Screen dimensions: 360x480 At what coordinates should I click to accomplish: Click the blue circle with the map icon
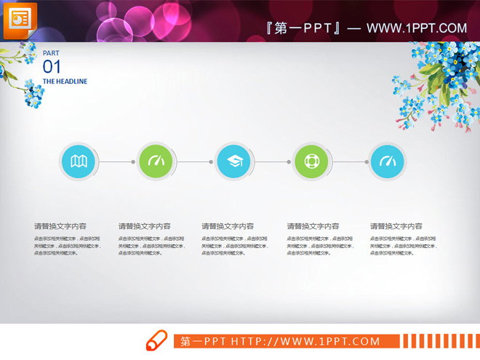(x=79, y=161)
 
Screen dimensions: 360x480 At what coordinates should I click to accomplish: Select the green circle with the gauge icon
(x=156, y=161)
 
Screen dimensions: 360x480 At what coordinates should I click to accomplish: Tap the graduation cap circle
(x=233, y=161)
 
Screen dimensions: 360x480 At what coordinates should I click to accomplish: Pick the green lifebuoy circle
(x=311, y=161)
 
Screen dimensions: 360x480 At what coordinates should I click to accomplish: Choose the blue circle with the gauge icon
(x=388, y=161)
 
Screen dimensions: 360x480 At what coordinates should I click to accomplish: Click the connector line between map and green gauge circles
(x=117, y=161)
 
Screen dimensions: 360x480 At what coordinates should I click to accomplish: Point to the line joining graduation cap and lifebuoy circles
(x=272, y=161)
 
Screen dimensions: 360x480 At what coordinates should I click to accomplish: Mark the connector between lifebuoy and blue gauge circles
(x=349, y=161)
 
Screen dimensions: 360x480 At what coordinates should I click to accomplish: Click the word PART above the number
(x=51, y=53)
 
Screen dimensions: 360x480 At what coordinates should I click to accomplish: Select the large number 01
(x=52, y=66)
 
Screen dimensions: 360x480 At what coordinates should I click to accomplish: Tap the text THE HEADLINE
(x=65, y=81)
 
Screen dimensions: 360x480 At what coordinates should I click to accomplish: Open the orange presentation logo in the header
(x=20, y=20)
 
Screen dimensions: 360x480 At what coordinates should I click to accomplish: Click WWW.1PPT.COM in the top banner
(x=417, y=28)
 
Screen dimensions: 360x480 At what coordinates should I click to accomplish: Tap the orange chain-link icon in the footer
(x=156, y=340)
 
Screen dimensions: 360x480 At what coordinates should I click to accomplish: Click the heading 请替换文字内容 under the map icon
(x=60, y=226)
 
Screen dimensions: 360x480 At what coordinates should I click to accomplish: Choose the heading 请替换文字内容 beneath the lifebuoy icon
(x=313, y=226)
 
